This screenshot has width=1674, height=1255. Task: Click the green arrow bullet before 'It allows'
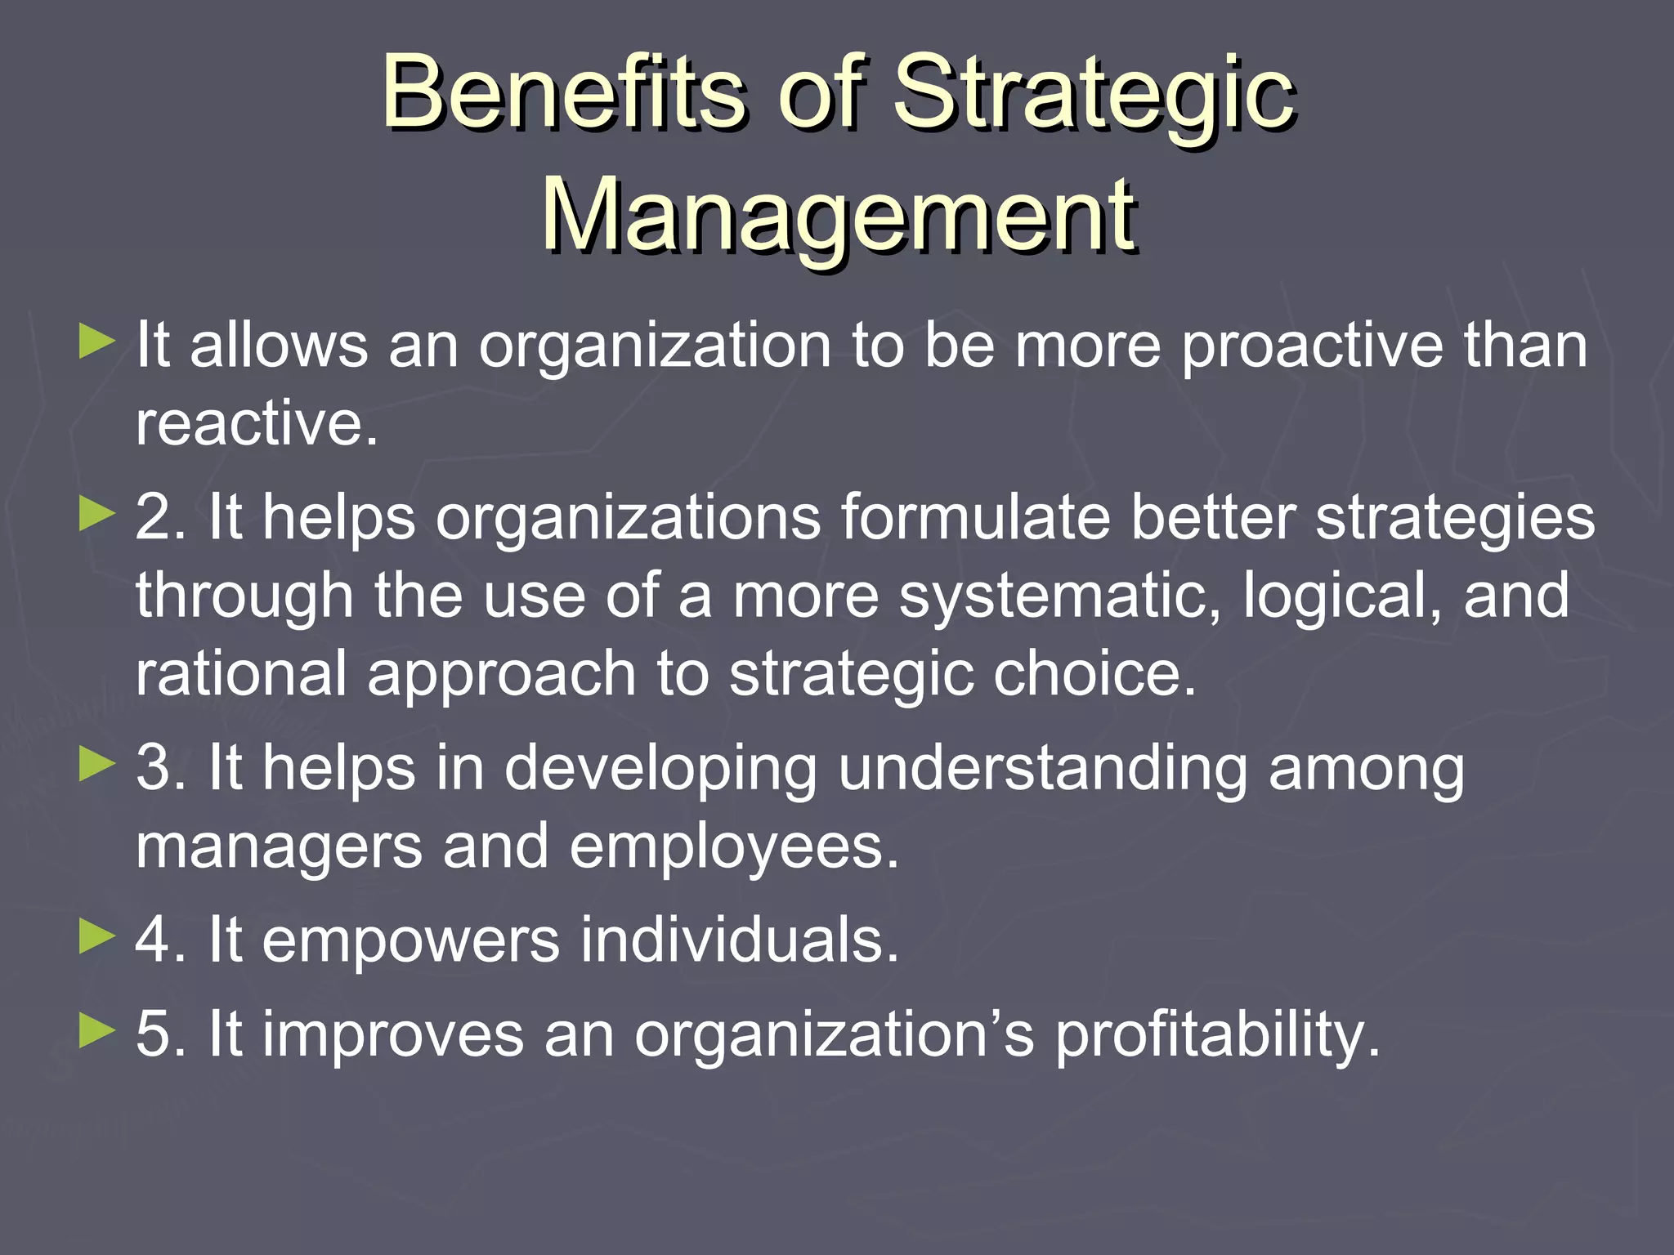[98, 342]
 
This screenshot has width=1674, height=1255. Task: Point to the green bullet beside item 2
[98, 516]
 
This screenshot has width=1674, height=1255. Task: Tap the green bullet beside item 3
[98, 766]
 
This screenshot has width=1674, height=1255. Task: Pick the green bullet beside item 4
[98, 938]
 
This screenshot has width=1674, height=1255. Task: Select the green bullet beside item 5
[98, 1032]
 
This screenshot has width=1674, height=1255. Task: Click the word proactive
[1313, 346]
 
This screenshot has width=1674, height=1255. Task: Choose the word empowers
[411, 940]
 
